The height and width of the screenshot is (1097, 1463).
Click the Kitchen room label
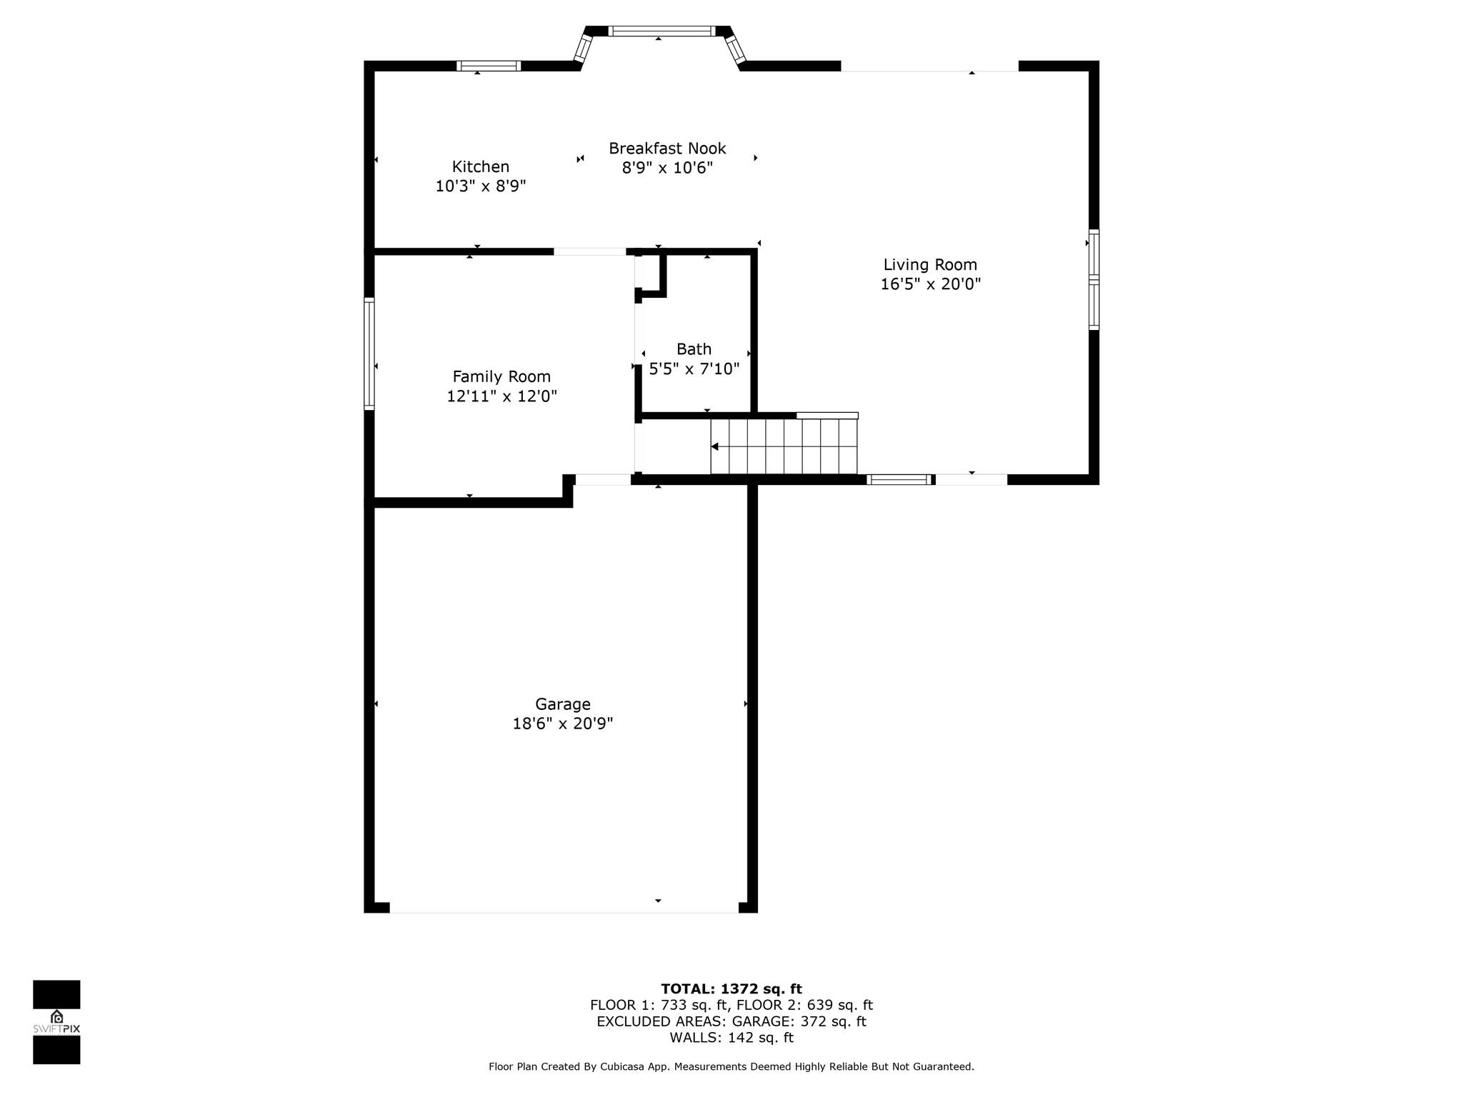point(480,166)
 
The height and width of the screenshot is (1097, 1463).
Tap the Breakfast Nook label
point(666,149)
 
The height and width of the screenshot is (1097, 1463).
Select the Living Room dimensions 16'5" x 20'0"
point(930,284)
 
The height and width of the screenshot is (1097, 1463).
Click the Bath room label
point(694,349)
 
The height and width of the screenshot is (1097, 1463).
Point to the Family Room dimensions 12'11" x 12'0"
point(501,396)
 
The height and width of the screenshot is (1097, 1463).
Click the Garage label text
point(562,704)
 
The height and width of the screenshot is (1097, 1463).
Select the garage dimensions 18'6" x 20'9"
point(562,723)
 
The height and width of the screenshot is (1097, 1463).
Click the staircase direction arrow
point(715,446)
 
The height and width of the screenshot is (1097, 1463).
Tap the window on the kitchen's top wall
point(489,66)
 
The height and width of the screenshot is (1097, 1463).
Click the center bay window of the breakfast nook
point(661,31)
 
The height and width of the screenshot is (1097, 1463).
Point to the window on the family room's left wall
point(369,354)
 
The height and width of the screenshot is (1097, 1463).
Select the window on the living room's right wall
point(1094,279)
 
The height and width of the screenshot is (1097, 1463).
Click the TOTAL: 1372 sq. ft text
point(731,988)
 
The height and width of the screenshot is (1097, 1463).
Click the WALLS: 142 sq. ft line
point(731,1038)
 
